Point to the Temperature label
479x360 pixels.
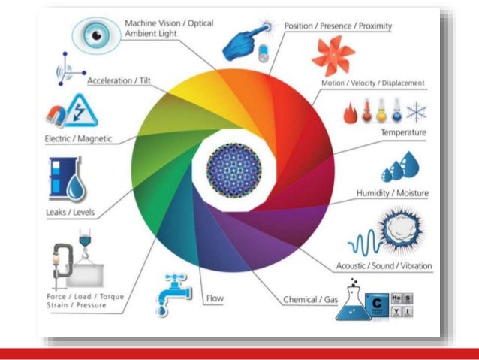click(x=403, y=132)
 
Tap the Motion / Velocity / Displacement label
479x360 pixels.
click(x=373, y=83)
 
